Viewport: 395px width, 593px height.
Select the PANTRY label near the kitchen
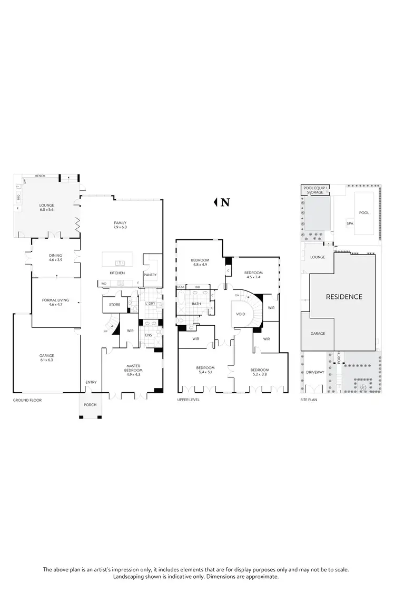pyautogui.click(x=150, y=274)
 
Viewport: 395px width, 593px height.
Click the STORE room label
pyautogui.click(x=115, y=305)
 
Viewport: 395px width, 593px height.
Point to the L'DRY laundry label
pyautogui.click(x=150, y=304)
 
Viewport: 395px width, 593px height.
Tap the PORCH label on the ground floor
pyautogui.click(x=90, y=404)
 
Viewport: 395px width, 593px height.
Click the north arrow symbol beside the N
pyautogui.click(x=215, y=202)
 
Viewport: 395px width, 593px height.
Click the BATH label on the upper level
pyautogui.click(x=196, y=304)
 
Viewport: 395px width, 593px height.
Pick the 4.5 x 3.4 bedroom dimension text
pyautogui.click(x=253, y=277)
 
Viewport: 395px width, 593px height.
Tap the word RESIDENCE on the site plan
pyautogui.click(x=344, y=297)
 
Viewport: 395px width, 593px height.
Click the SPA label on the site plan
pyautogui.click(x=350, y=223)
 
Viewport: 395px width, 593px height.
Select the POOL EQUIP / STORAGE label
pyautogui.click(x=315, y=190)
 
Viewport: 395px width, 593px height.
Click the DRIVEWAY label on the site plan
pyautogui.click(x=315, y=372)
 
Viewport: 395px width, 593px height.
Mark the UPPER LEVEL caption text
pyautogui.click(x=189, y=400)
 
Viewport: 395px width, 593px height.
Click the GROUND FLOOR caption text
pyautogui.click(x=27, y=400)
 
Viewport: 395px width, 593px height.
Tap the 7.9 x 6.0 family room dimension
pyautogui.click(x=120, y=227)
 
